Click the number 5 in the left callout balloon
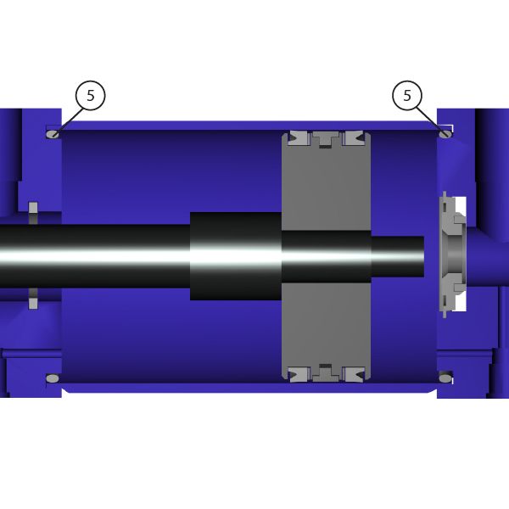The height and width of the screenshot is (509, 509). click(x=91, y=95)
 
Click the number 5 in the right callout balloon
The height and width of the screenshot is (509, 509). click(x=407, y=95)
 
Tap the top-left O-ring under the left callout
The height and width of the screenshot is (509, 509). click(x=53, y=134)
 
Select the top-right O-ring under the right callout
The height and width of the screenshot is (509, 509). click(x=445, y=134)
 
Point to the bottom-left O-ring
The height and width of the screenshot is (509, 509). click(x=53, y=378)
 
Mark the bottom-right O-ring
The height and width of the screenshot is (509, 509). click(x=445, y=378)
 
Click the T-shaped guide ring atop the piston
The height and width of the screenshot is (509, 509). click(x=326, y=139)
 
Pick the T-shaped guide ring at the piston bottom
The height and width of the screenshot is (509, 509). click(x=326, y=372)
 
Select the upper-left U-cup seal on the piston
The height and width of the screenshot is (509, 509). click(x=300, y=138)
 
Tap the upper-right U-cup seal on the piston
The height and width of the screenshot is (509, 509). click(x=353, y=138)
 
